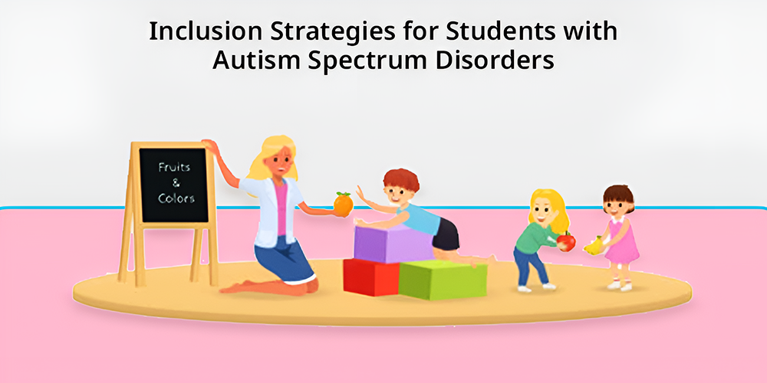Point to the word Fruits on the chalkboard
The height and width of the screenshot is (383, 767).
point(174,167)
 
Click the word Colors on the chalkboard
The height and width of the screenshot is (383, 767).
point(176,199)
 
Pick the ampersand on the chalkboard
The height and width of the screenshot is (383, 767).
point(175,183)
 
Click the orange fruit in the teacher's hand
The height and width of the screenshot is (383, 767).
point(344,204)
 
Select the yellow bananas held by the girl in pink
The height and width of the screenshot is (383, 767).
point(594,245)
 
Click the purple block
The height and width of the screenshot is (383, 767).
point(393,244)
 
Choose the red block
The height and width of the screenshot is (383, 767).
point(370,277)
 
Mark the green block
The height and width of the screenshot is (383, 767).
point(443,280)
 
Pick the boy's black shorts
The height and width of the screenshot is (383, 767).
point(446,234)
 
